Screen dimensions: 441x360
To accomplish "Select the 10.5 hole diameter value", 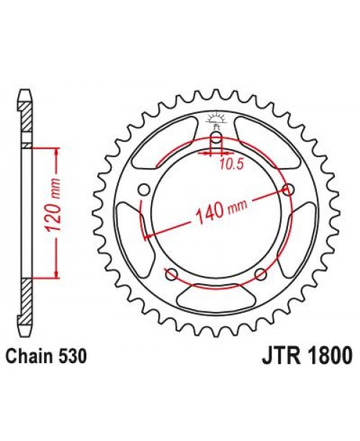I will (x=229, y=163).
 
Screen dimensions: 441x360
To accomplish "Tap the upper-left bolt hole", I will (x=143, y=190).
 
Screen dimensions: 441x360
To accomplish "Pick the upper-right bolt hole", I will (x=289, y=190).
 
